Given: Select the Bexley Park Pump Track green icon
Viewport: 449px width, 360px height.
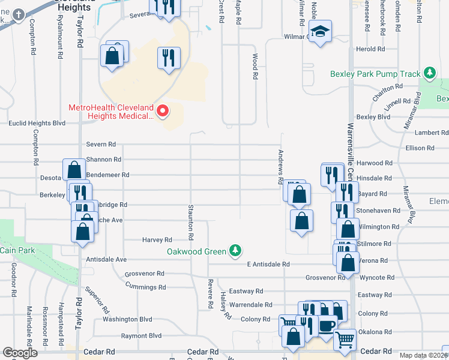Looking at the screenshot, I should pos(429,74).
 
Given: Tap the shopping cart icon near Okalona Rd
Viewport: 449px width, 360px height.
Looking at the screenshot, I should pos(345,340).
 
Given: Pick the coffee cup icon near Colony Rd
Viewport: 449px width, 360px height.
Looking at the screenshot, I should pos(327,326).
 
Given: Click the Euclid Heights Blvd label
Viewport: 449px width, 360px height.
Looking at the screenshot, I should pos(37,124).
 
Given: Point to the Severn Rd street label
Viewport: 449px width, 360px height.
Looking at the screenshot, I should pos(100,145).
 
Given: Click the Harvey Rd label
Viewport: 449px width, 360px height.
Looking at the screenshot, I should pos(157,239).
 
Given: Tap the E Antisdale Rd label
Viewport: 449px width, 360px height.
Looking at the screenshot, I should pos(268,264).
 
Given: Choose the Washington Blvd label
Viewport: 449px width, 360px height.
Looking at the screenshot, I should pos(127,319).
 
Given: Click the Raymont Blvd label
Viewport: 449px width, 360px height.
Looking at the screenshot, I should pos(142,336).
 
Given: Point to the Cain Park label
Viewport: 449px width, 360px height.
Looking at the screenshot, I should pos(17,250).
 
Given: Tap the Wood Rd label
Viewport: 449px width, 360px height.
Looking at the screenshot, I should pos(255,67).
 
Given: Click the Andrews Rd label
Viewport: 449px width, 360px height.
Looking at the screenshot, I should pos(280,167).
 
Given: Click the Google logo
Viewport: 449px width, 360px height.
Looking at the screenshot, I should pos(20,353).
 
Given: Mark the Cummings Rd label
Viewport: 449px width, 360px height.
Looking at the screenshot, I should pos(145,287).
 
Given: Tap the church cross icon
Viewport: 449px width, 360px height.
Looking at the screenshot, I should pos(19,14).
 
